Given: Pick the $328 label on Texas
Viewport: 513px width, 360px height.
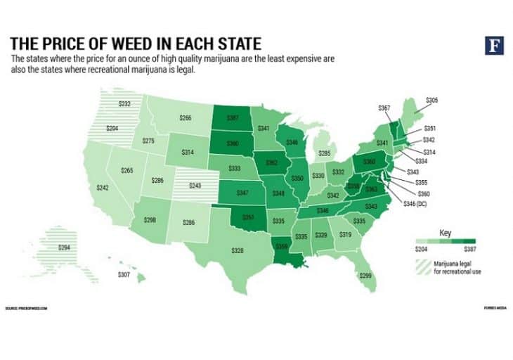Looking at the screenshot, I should coord(240,250).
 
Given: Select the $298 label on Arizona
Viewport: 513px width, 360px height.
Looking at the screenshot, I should coord(148,220).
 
